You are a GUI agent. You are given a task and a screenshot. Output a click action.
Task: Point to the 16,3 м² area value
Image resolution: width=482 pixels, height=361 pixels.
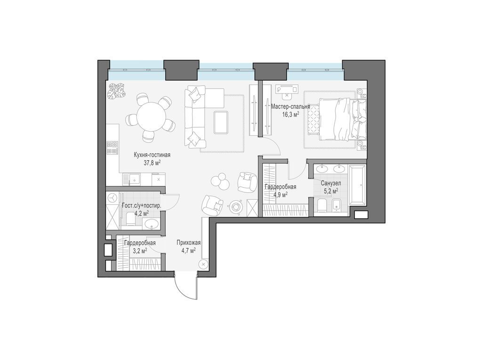point(290,114)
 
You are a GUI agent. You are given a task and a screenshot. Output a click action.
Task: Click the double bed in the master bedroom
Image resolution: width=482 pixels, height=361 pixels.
point(342,119)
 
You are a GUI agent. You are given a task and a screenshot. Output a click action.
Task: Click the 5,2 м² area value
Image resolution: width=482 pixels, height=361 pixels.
point(329,191)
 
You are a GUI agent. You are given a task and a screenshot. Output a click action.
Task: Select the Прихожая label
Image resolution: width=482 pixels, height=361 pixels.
point(189,243)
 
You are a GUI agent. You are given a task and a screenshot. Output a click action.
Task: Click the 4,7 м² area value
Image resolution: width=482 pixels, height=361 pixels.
point(189,251)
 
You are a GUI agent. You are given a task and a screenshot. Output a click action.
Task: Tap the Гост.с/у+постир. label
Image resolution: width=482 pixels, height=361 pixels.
point(142,206)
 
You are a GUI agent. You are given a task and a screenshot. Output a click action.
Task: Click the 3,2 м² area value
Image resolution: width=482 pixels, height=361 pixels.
point(140,251)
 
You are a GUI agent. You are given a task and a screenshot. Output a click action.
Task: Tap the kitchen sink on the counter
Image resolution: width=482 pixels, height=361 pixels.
point(134,179)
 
